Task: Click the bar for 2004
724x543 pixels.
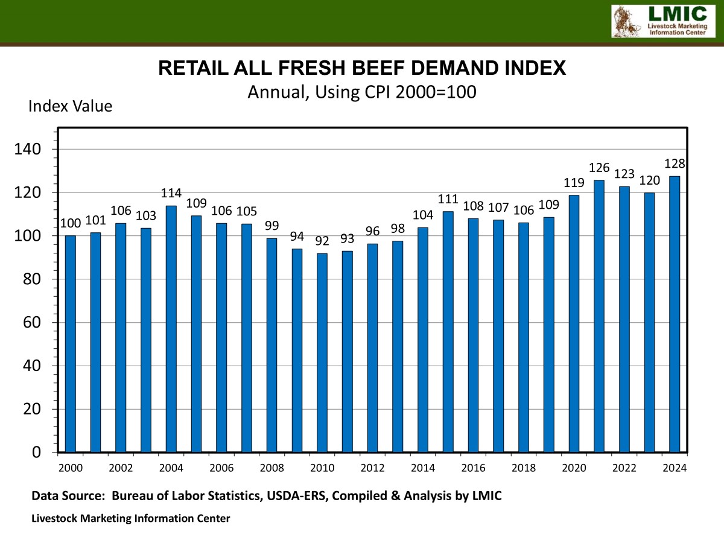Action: [x=171, y=329]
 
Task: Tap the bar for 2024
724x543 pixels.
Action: [x=675, y=314]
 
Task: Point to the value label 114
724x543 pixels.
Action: [x=171, y=194]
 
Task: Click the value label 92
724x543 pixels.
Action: [x=322, y=241]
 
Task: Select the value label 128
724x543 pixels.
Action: [x=675, y=164]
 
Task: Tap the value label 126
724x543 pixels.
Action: [x=599, y=168]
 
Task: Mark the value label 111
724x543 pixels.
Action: [x=448, y=200]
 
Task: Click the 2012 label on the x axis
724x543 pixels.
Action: [x=372, y=468]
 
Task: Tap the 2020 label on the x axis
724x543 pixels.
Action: [x=574, y=468]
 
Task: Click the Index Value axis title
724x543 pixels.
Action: [x=70, y=107]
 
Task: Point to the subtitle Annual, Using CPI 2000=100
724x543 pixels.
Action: [x=362, y=92]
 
